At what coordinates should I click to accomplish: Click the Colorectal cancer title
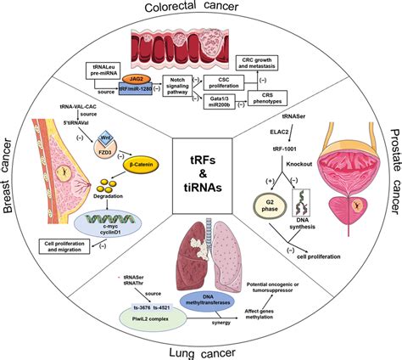point(200,8)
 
